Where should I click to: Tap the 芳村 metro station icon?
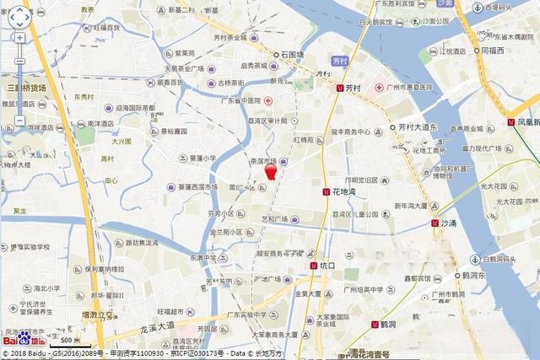coord(339,88)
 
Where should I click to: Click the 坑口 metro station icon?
coord(314,266)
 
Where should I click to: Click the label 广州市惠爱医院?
coord(408,88)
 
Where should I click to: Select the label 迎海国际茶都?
coord(136,108)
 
